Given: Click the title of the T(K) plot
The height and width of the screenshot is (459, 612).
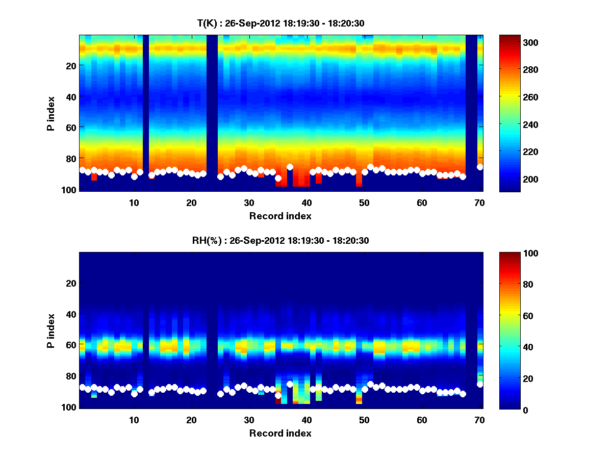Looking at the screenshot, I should (x=280, y=23).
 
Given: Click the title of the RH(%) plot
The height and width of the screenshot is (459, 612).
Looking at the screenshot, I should (x=280, y=240).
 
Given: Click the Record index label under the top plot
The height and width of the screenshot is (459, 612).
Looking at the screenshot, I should (x=280, y=216).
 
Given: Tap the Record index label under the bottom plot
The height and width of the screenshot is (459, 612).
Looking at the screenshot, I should (x=280, y=433).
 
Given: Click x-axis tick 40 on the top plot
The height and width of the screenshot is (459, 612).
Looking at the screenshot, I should (x=307, y=202).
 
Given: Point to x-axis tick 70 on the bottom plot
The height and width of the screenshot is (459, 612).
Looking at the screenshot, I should (x=479, y=420).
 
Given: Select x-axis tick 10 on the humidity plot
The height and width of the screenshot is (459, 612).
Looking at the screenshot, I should (x=134, y=420).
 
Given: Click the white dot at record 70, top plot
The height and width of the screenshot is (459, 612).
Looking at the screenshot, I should (x=480, y=167).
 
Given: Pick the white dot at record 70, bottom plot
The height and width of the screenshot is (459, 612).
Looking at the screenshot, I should (x=480, y=385).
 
